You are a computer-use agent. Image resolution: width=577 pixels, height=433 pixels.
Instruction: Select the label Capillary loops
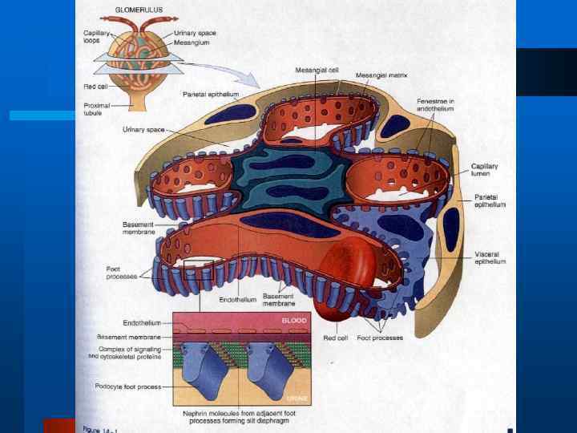click(x=98, y=37)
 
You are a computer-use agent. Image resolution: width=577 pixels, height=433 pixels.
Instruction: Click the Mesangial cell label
click(x=318, y=70)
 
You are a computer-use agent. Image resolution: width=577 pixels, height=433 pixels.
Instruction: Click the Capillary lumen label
click(x=484, y=170)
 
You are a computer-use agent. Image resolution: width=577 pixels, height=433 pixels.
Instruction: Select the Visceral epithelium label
click(x=490, y=257)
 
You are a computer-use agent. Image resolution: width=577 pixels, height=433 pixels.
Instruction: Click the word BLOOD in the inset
click(x=293, y=320)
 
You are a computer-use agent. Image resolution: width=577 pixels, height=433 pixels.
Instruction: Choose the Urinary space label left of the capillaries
click(x=139, y=129)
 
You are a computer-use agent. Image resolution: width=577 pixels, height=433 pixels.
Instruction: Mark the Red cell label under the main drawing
click(x=335, y=338)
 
